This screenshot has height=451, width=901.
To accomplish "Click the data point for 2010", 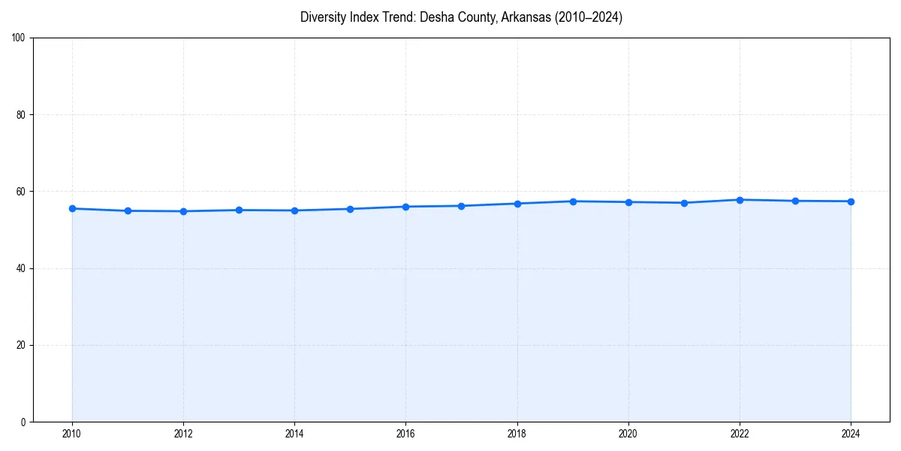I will pos(72,208).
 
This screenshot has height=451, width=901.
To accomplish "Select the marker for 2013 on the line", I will pos(239,210).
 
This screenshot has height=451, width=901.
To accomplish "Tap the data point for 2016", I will pos(405,207).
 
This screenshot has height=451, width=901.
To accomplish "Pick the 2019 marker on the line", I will pos(573,201).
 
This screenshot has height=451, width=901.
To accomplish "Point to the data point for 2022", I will pos(740,200).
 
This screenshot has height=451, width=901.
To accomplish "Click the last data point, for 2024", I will pos(851,201).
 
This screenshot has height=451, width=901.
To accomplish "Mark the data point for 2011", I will pos(128,210).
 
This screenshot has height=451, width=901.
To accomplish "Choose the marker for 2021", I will pos(684,203).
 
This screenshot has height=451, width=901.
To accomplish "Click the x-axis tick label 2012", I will pos(183,434).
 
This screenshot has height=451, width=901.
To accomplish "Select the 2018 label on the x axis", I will pos(517,434).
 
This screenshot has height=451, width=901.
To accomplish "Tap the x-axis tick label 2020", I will pos(628,434).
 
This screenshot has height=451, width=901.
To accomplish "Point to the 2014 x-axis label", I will pos(294,434).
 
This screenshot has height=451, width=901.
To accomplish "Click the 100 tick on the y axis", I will pos(19,38).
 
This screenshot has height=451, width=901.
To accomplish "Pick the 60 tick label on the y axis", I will pos(21,192).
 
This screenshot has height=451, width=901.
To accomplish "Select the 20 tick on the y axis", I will pos(21,345).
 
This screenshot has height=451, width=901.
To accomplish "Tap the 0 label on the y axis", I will pos(23,422).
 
